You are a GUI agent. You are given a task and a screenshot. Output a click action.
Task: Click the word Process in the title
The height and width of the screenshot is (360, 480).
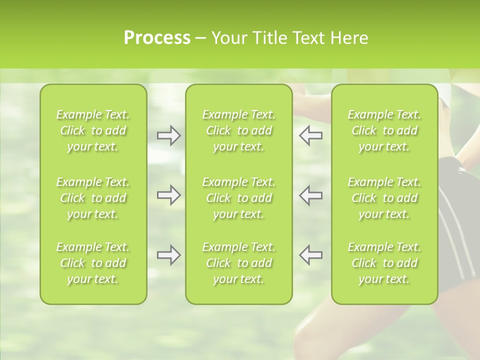[157, 38]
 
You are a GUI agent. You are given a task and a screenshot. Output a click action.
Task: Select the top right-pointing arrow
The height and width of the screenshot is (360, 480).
[169, 135]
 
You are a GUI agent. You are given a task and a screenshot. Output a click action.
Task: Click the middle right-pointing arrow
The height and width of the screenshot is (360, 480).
[169, 195]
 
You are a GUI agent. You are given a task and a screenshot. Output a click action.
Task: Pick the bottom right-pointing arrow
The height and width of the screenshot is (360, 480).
[169, 255]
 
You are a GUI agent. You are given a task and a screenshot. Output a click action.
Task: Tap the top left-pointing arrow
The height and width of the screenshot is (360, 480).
[310, 135]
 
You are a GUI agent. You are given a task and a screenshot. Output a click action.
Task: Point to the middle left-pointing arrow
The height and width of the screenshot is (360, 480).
[310, 195]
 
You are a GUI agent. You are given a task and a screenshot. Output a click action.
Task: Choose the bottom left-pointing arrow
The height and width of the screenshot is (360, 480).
[310, 255]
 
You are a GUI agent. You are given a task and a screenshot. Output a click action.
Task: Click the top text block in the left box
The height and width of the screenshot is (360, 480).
[93, 130]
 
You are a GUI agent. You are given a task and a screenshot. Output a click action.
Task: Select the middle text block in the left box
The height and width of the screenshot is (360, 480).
[93, 198]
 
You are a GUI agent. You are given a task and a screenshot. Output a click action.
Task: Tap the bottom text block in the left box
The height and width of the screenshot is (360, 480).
[93, 263]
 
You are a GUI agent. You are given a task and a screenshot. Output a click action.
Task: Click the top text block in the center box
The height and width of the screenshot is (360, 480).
[238, 130]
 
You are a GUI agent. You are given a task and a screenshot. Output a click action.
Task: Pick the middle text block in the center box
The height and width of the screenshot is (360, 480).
[238, 198]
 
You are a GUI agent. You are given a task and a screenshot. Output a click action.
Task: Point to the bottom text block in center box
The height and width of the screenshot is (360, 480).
[238, 263]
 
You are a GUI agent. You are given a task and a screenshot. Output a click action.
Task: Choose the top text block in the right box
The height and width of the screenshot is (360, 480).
[384, 130]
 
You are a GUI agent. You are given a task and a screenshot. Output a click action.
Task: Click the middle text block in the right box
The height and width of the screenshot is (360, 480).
[384, 198]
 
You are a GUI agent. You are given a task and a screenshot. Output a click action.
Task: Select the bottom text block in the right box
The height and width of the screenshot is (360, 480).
[384, 263]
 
